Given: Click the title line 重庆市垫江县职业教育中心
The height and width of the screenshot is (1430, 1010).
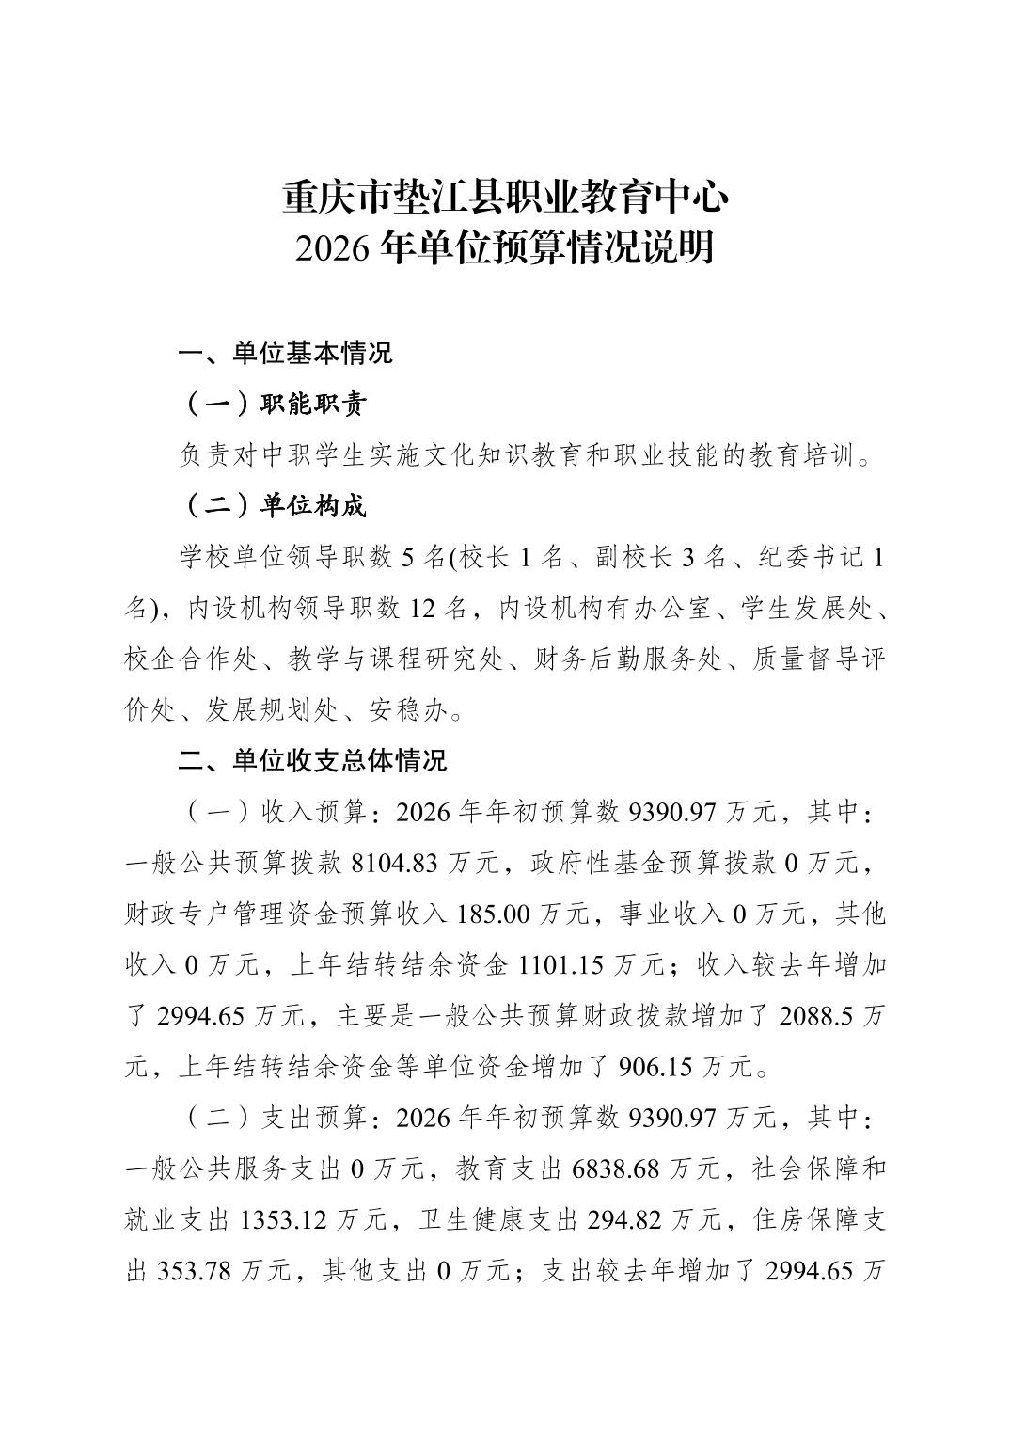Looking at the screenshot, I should pyautogui.click(x=505, y=197).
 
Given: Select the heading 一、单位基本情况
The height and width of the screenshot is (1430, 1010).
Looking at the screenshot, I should pyautogui.click(x=285, y=354).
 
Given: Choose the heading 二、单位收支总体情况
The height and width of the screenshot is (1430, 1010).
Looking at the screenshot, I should pyautogui.click(x=312, y=760).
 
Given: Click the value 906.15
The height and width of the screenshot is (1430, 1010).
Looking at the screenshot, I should pyautogui.click(x=655, y=1066).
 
